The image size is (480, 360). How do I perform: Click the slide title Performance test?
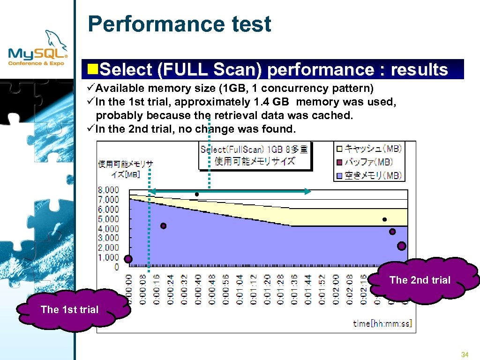pos(179,24)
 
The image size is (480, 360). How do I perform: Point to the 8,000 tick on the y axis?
pos(108,190)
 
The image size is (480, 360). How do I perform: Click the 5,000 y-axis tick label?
pos(108,219)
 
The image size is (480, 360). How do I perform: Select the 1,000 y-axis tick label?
pos(108,257)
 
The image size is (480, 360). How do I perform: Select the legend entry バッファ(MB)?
pos(368,162)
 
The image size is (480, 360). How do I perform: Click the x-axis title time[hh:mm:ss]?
pos(382,323)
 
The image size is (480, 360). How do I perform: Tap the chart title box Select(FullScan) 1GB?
pos(255,155)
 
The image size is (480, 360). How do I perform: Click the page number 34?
pos(465,354)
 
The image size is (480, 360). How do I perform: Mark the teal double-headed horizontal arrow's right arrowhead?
pos(307,191)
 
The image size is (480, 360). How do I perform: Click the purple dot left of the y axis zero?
pos(128,259)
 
